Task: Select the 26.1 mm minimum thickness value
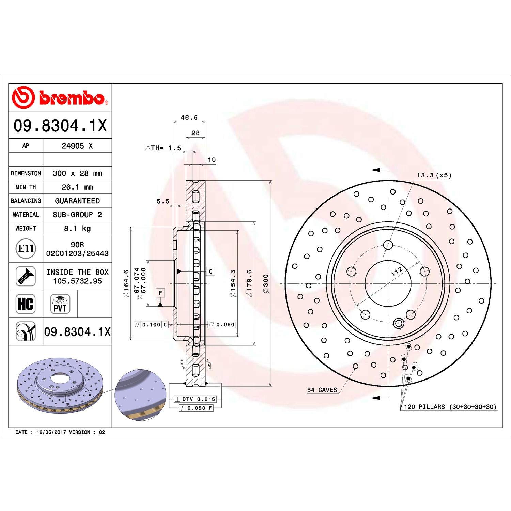tap(77, 187)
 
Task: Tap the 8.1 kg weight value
tap(77, 228)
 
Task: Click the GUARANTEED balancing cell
tap(77, 201)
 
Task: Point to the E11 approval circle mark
tap(26, 248)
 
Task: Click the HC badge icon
tap(26, 304)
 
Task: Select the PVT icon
tap(60, 304)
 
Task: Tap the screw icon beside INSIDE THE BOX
tap(26, 276)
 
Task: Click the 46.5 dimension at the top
tap(189, 118)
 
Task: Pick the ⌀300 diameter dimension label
tap(266, 283)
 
